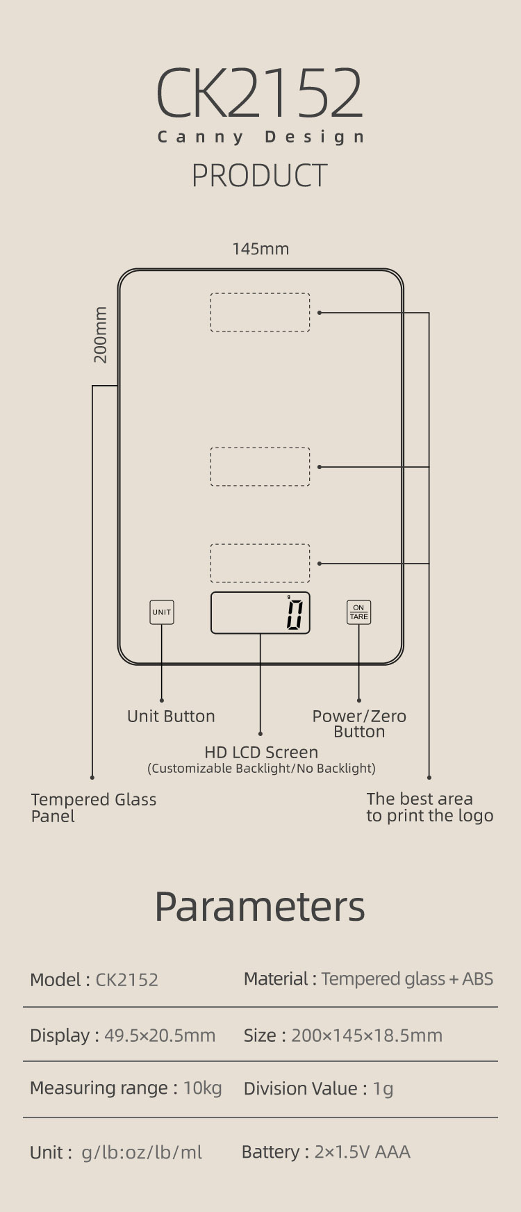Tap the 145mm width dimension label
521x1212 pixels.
point(260,249)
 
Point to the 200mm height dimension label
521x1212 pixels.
point(101,335)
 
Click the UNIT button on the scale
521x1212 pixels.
point(162,612)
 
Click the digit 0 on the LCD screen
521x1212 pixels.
point(295,615)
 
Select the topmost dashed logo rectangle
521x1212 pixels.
point(260,312)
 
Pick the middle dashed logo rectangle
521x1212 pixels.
point(260,466)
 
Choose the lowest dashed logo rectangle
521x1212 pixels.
point(260,563)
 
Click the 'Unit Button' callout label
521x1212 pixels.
point(171,716)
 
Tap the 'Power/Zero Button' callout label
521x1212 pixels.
point(359,723)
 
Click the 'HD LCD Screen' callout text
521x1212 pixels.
point(261,753)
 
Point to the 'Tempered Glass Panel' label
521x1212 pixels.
point(94,808)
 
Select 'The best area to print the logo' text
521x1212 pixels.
point(430,808)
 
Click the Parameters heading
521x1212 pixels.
point(260,906)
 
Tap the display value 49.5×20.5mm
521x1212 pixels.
point(160,1035)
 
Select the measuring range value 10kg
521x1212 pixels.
point(203,1088)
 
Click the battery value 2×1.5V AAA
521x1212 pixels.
point(363,1152)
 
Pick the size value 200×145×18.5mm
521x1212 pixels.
point(367,1035)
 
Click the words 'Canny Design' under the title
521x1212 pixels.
point(260,137)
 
